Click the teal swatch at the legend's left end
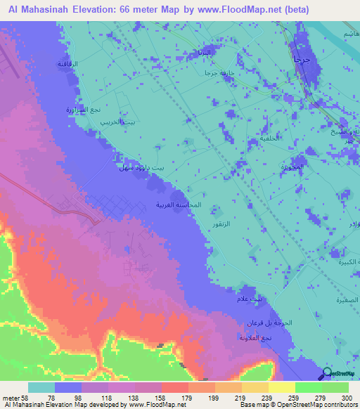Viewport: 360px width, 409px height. coord(41,387)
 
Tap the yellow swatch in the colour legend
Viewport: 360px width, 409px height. coord(281,387)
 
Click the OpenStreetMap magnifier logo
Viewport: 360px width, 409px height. coord(327,374)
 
